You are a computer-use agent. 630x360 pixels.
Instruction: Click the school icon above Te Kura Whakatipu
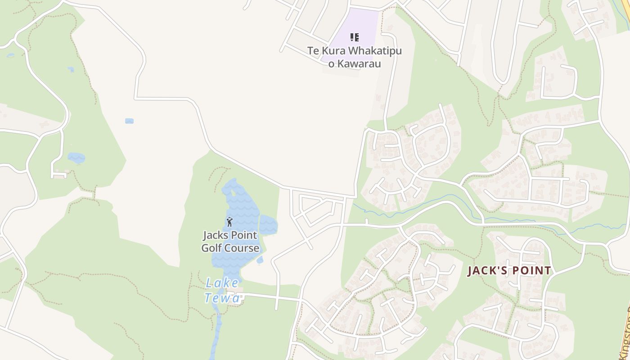click(355, 37)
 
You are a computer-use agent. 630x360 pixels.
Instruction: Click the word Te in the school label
click(313, 51)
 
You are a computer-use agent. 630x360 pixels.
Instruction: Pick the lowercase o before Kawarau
click(331, 64)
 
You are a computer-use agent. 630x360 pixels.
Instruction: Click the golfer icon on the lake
click(229, 222)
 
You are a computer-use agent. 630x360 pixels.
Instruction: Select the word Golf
click(212, 248)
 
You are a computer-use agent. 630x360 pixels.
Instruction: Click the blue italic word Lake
click(222, 283)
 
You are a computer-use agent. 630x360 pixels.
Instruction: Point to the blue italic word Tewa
click(221, 297)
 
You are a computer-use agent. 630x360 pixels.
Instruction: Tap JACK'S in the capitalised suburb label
click(486, 271)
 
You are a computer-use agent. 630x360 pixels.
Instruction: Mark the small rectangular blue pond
click(129, 121)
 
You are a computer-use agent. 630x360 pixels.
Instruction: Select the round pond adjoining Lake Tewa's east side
click(268, 225)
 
